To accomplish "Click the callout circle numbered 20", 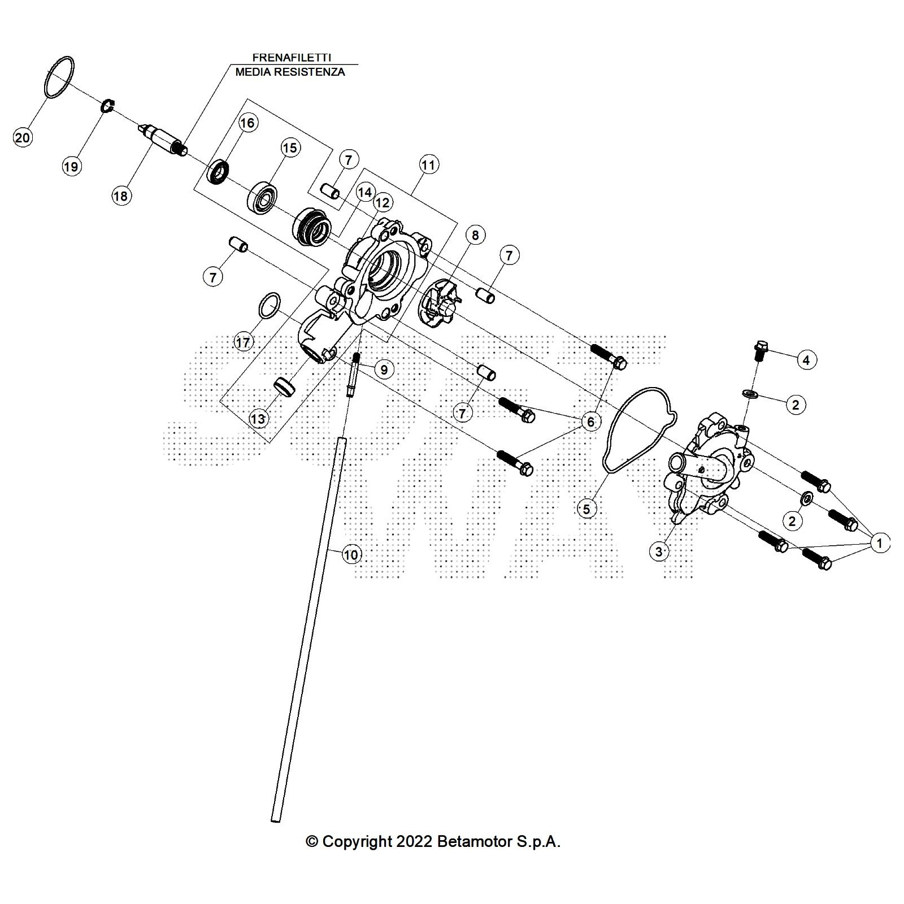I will [23, 137].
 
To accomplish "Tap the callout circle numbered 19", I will [71, 166].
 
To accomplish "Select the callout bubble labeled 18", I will [120, 195].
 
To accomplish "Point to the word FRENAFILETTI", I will [291, 58].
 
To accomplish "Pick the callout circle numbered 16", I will [248, 123].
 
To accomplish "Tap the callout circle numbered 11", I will [428, 164].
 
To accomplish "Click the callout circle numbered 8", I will [475, 234].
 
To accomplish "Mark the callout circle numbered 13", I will [258, 419].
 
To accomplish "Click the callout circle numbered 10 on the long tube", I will [351, 555].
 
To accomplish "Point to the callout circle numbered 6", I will [591, 421].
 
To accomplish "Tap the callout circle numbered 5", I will [586, 509].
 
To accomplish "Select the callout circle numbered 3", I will [659, 551].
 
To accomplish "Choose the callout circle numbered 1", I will [879, 544].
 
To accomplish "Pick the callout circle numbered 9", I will [384, 370].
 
